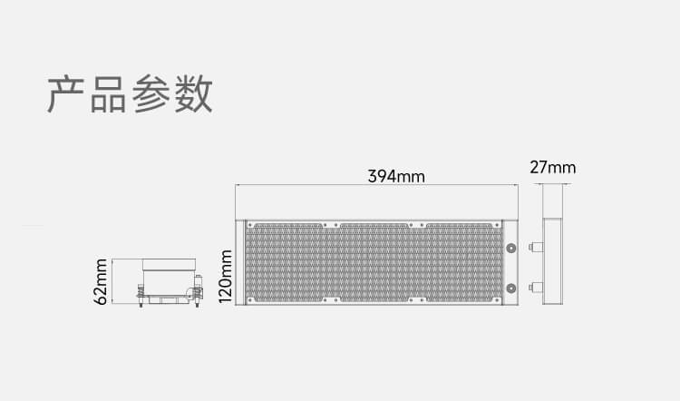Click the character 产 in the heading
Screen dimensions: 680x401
(x=65, y=94)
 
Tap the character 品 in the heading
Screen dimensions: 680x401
(x=108, y=94)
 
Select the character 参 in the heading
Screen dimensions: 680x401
(x=151, y=94)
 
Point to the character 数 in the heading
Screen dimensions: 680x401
(x=193, y=94)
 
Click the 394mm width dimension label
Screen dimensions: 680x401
(x=396, y=176)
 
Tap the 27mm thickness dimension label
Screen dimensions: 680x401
(x=553, y=168)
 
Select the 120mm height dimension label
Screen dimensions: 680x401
(x=226, y=277)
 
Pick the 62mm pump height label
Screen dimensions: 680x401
(x=100, y=281)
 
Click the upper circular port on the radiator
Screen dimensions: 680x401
(x=511, y=249)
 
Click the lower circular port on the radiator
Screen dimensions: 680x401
(x=511, y=288)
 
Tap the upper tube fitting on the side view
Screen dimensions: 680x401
(x=536, y=248)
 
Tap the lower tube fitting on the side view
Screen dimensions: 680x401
(x=536, y=287)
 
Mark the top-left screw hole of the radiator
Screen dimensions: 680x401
(x=250, y=225)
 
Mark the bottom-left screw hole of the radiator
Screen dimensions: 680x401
(x=250, y=300)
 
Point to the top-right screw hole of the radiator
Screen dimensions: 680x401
(x=497, y=225)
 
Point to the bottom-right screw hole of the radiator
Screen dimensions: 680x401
(x=497, y=300)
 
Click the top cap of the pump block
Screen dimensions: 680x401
(x=169, y=264)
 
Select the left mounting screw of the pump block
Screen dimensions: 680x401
(x=141, y=296)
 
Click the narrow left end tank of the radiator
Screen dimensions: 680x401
(x=240, y=262)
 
